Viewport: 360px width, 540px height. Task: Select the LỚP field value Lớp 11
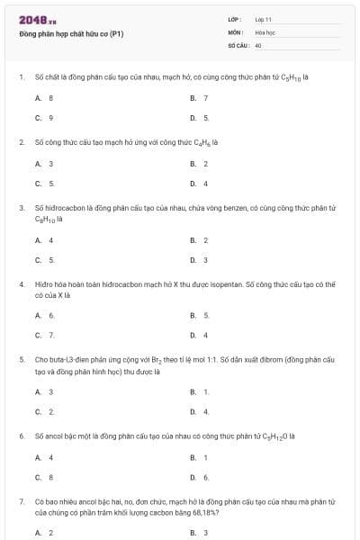[x=264, y=19]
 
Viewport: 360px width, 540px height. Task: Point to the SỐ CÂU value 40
[x=258, y=44]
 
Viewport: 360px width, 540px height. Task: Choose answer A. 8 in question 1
[x=44, y=97]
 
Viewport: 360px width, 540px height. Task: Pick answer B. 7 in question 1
[x=199, y=97]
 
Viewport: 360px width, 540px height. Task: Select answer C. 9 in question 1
[x=44, y=117]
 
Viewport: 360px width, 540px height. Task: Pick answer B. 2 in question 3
[x=199, y=240]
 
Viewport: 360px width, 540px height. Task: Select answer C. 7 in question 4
[x=44, y=335]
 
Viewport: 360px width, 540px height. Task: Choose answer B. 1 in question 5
[x=199, y=391]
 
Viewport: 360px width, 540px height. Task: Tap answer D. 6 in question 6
[x=199, y=476]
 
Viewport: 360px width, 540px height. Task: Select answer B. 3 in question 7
[x=199, y=533]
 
